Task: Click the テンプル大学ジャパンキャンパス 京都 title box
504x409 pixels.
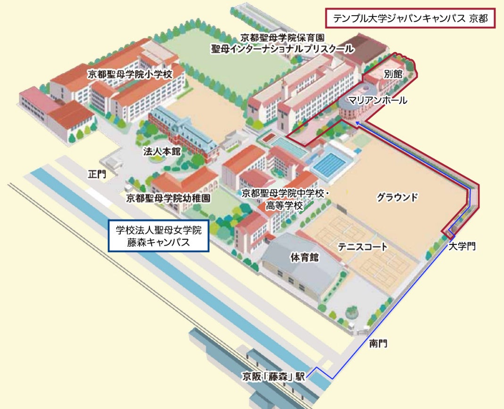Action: tap(409, 19)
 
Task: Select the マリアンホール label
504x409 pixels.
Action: tap(377, 100)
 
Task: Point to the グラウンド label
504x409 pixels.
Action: tap(397, 197)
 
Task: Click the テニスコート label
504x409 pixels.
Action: tap(363, 247)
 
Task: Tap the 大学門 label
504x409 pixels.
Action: tap(462, 246)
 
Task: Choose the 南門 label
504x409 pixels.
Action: tap(378, 344)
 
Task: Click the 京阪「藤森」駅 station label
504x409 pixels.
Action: tap(274, 376)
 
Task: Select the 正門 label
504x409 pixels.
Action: tap(97, 174)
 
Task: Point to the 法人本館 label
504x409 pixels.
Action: tap(161, 151)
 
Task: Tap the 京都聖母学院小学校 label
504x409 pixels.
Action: tap(130, 74)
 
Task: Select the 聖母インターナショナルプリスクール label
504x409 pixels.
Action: tap(282, 48)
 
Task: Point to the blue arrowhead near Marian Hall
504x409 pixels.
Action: tap(357, 123)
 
